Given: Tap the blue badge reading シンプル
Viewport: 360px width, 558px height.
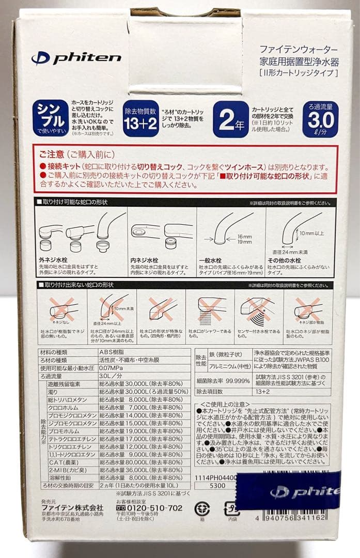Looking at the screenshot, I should [x=50, y=118].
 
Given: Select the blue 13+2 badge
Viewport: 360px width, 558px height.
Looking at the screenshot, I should [x=140, y=119].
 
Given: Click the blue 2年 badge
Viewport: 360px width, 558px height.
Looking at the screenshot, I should [x=230, y=119].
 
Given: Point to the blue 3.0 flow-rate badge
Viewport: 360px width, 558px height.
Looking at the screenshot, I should [x=320, y=119].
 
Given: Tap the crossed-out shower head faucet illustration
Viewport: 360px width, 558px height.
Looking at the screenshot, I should [x=209, y=313].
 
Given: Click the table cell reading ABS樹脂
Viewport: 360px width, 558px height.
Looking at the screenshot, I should [x=108, y=352].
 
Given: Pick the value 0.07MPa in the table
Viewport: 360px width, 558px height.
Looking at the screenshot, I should [x=110, y=367].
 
